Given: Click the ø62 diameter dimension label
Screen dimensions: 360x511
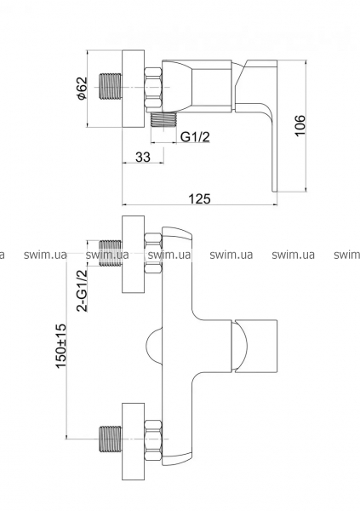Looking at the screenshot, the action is tap(82, 88).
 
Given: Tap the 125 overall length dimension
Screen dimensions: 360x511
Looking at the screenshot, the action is tap(199, 198).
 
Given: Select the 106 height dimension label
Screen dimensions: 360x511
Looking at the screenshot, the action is tap(300, 125).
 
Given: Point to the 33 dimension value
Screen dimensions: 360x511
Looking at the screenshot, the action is tap(143, 157).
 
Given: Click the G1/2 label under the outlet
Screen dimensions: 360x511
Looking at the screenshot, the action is tap(195, 137).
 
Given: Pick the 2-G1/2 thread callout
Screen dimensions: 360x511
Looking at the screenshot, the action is tap(83, 290).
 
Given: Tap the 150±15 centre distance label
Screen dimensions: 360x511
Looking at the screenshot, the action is tap(61, 346).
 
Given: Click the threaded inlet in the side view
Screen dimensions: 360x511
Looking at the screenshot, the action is tap(110, 87).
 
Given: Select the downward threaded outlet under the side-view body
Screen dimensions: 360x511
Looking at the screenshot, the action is tap(163, 119).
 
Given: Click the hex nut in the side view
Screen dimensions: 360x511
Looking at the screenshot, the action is tap(153, 88).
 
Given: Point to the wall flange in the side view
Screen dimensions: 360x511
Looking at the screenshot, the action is tap(133, 89).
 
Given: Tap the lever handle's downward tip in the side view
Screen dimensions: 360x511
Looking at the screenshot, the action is tap(274, 189).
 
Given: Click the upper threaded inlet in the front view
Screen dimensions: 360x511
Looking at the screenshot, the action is tap(110, 254).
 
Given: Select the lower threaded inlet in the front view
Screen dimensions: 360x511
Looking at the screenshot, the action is tap(110, 439).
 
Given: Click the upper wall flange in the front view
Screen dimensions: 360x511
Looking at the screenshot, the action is tap(133, 254).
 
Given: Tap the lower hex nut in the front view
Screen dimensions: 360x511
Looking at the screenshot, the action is tap(153, 439).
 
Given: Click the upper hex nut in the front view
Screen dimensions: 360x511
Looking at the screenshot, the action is tap(153, 253).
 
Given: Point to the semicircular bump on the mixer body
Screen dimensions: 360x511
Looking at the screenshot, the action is tap(153, 346).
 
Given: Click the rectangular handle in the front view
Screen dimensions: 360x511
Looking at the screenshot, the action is tap(254, 346).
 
